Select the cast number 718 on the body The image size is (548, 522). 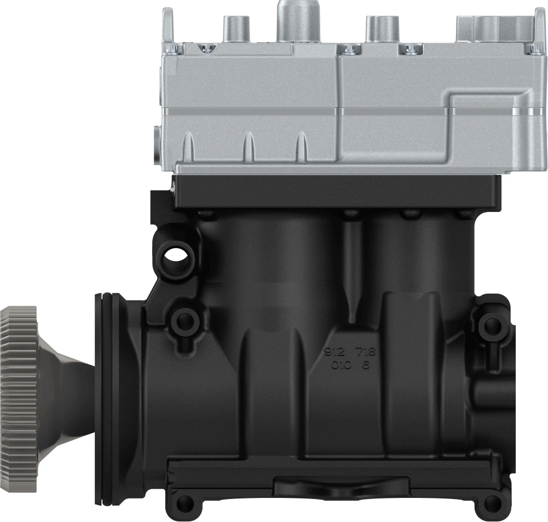tap(367, 352)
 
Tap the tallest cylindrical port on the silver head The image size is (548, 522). tap(293, 19)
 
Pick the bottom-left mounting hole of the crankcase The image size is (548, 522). tap(186, 501)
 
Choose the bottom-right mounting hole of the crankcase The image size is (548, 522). tap(493, 502)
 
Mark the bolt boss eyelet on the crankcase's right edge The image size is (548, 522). tap(491, 326)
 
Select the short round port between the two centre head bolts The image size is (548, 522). tap(379, 30)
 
